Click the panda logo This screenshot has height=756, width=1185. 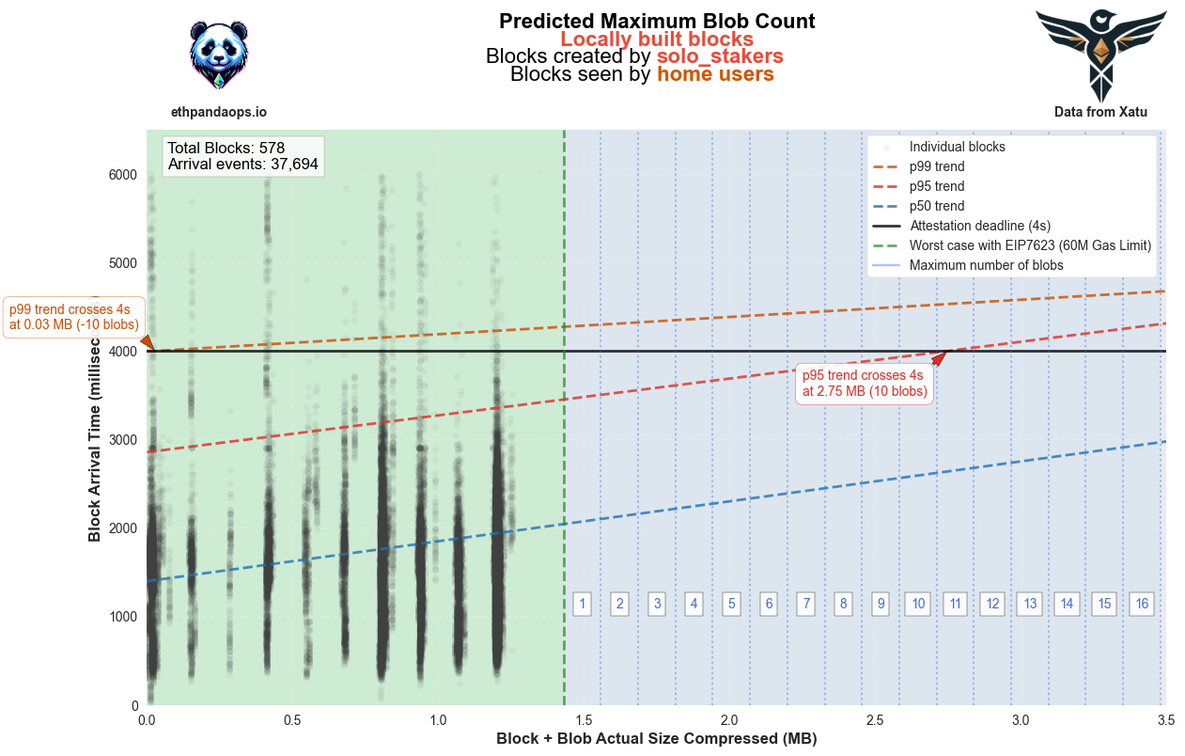219,55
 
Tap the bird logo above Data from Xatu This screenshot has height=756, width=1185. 1100,55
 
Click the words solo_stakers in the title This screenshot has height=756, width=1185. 720,56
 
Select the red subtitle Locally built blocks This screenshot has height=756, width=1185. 657,39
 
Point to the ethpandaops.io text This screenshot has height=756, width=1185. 219,112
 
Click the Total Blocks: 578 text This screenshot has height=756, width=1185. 226,148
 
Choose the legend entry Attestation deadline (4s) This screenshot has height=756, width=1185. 979,226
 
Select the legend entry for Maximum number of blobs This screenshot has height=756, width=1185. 986,265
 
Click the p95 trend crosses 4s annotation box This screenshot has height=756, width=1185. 865,384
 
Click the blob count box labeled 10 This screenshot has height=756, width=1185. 918,604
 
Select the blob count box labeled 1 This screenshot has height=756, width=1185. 583,604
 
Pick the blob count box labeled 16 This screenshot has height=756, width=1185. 1142,604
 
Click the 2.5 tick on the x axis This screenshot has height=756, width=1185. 876,720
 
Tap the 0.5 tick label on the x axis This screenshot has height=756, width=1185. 292,720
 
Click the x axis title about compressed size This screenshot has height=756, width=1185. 656,739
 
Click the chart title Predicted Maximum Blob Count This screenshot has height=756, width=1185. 657,21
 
